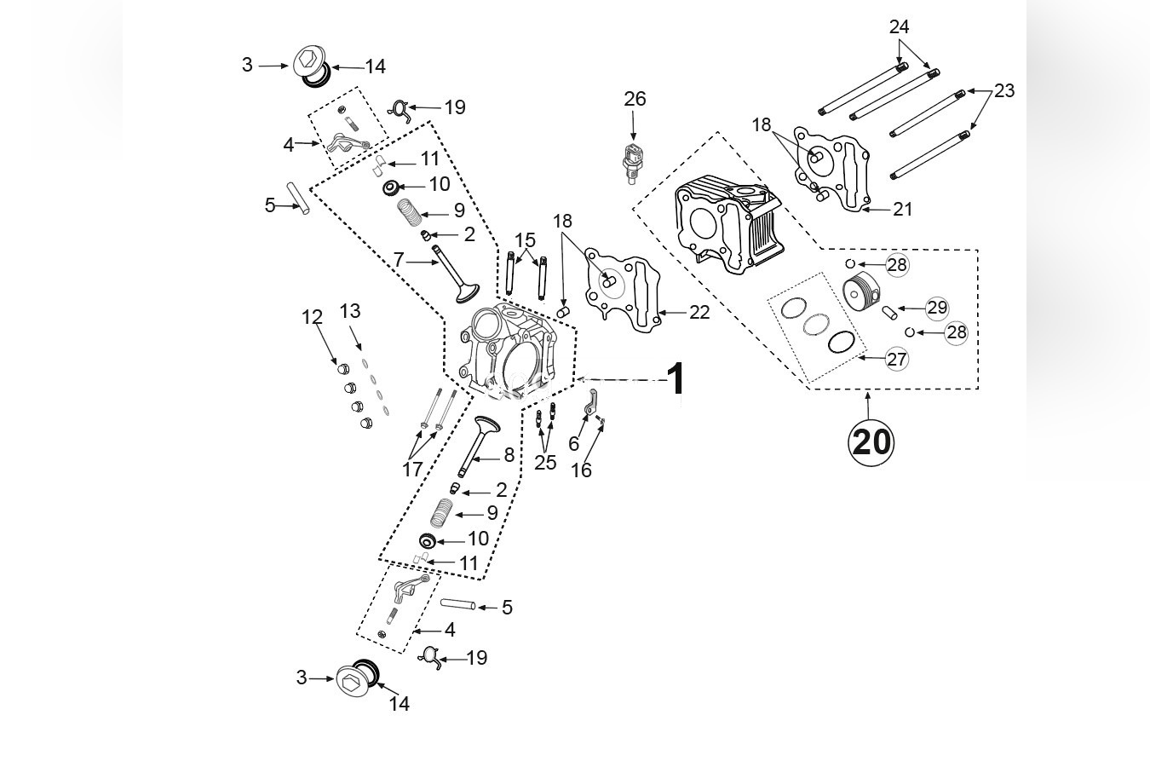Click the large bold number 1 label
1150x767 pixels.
[x=676, y=379]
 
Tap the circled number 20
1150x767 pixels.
[x=871, y=441]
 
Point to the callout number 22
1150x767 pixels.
[x=699, y=313]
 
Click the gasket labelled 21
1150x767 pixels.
[x=831, y=170]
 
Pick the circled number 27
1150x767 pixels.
[x=896, y=359]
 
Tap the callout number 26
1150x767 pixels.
[x=635, y=99]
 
